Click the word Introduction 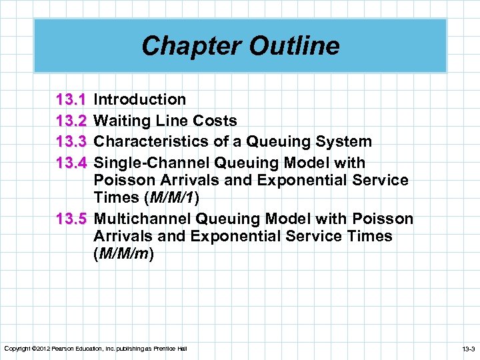tap(140, 100)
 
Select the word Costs tap(215, 121)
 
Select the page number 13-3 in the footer tap(466, 349)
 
